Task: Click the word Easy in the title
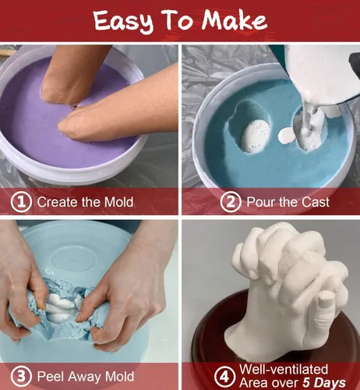coord(123,21)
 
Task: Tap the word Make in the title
coord(235,19)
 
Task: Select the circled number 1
coord(21,202)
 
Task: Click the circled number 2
coord(231,202)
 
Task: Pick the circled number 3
coord(21,377)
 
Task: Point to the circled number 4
coord(225,376)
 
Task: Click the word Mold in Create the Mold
coord(118,202)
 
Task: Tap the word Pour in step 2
coord(261,202)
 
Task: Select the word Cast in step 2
coord(316,202)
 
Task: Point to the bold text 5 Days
coord(324,383)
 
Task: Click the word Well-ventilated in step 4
coord(284,369)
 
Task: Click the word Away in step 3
coord(83,377)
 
